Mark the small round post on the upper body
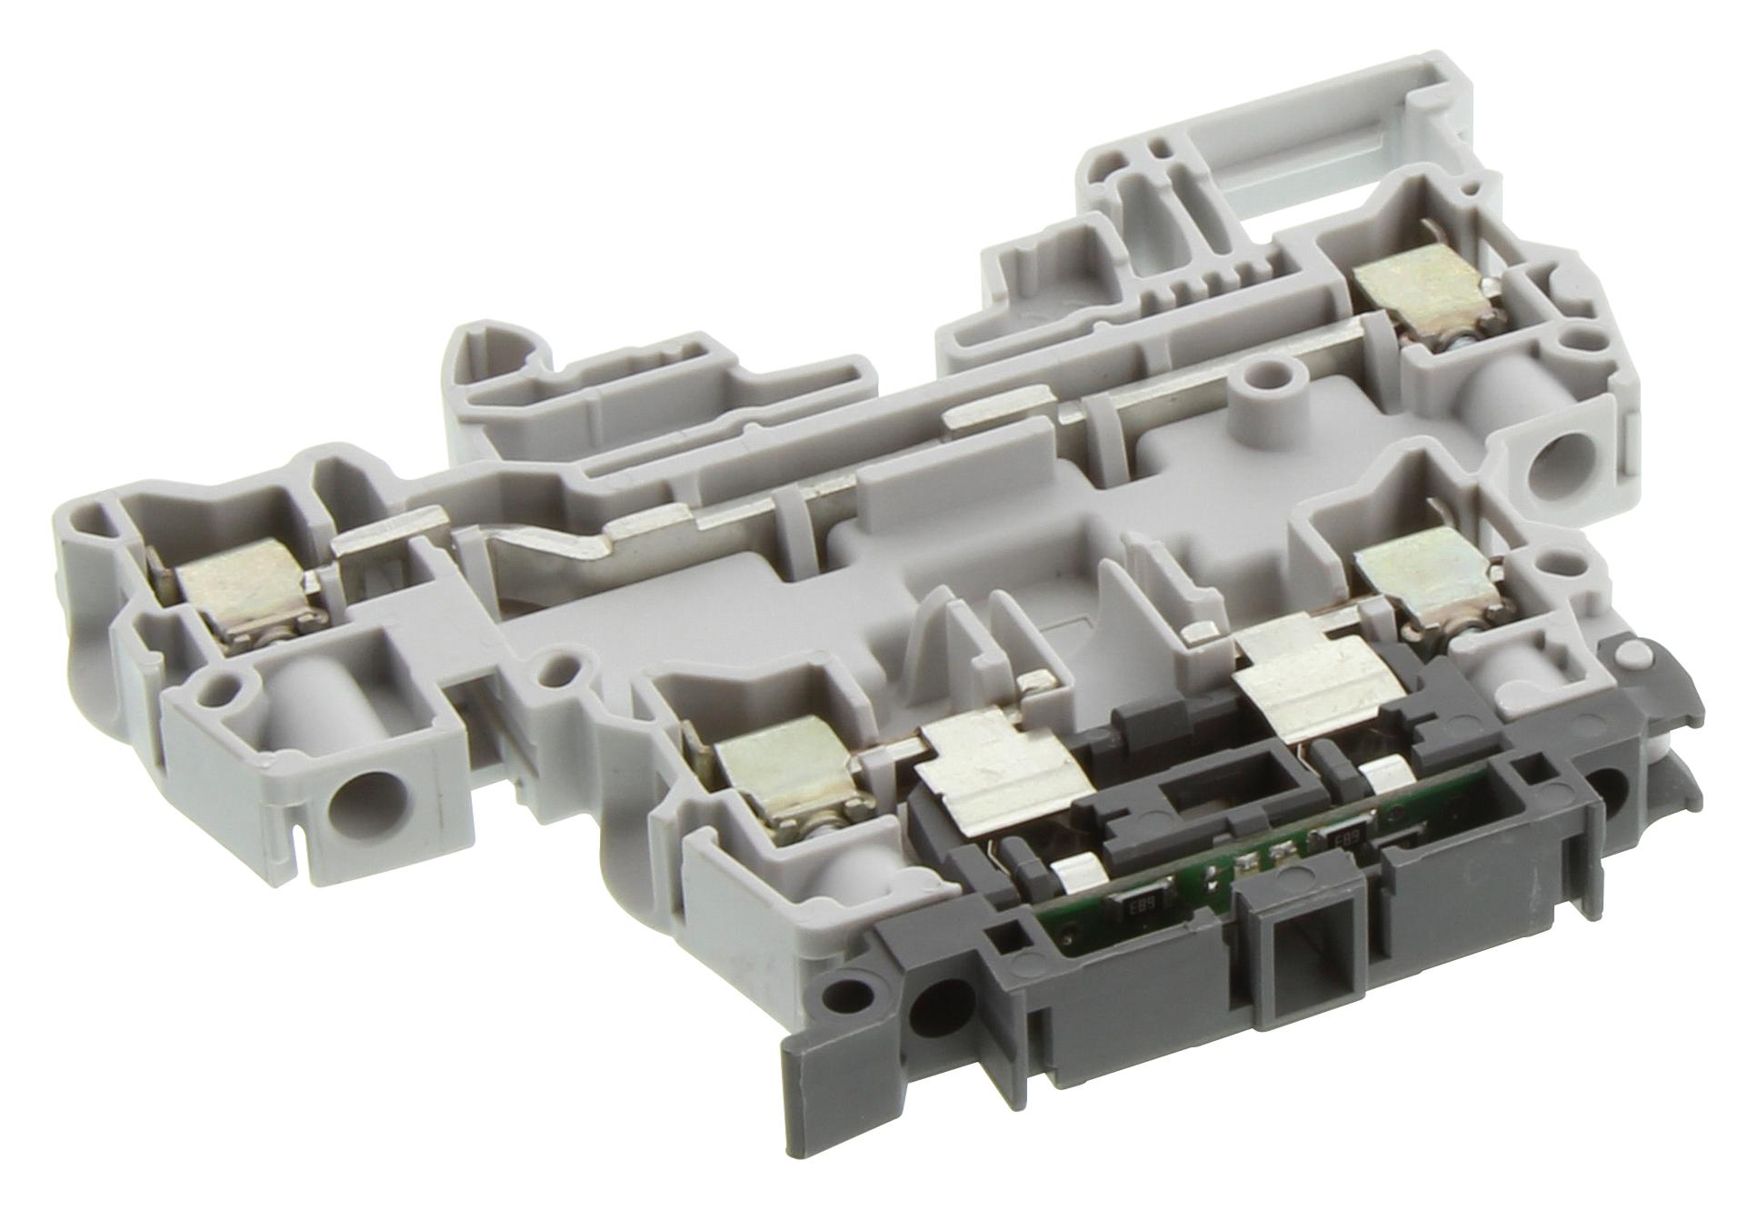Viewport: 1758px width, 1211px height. point(1266,375)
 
